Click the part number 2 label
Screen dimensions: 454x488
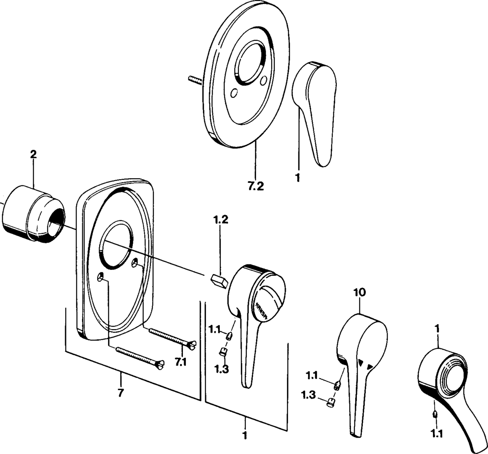33,154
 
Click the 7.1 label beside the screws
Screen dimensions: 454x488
181,362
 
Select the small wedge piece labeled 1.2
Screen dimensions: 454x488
218,280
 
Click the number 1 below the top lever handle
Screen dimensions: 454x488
298,178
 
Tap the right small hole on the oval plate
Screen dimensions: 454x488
264,80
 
